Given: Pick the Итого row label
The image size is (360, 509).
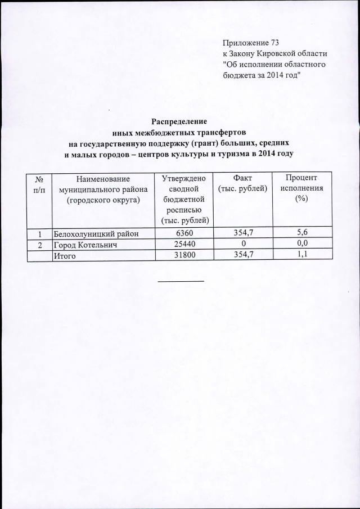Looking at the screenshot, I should [x=64, y=255].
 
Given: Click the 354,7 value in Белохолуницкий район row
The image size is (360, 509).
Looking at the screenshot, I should [x=242, y=233].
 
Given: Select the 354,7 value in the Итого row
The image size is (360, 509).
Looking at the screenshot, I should [x=242, y=255].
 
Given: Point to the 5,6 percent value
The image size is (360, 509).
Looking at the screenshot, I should [x=301, y=233].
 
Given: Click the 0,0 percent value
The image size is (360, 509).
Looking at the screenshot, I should [x=301, y=244].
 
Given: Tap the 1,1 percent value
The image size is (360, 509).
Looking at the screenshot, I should [x=301, y=255].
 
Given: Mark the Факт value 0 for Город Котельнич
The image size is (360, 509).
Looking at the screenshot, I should [x=242, y=244].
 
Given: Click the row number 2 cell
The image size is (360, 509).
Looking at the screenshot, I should [x=40, y=244].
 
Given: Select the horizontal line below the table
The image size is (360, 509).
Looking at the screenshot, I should [x=180, y=280].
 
